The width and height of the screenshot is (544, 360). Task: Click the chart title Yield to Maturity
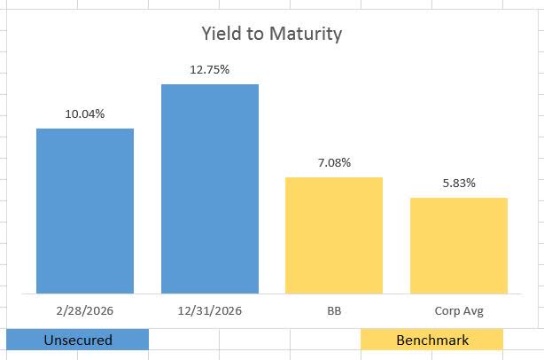tap(271, 35)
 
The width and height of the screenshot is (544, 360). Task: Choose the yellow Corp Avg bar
tap(458, 246)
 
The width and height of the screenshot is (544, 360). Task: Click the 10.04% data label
tap(85, 113)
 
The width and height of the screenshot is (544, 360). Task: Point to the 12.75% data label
tap(209, 69)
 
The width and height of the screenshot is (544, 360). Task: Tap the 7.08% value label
tap(334, 162)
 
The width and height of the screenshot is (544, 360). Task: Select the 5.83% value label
tap(458, 183)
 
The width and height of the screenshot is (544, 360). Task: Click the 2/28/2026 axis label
tap(85, 311)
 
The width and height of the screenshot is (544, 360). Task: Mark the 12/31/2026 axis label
tap(209, 311)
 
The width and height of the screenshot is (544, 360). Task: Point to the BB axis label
tap(334, 311)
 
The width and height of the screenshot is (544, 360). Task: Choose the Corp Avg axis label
tap(458, 311)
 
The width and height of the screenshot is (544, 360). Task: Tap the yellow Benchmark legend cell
tap(432, 340)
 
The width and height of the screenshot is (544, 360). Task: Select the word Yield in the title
tap(218, 35)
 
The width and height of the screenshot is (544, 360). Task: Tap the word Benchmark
tap(432, 340)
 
